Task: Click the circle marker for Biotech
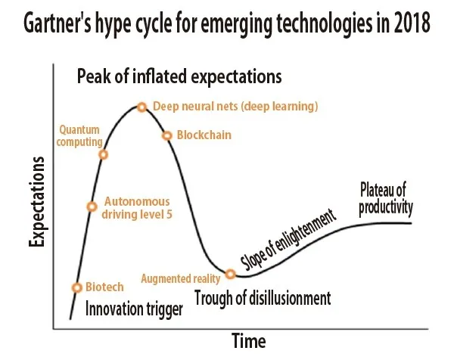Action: tap(76, 287)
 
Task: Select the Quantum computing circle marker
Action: tap(104, 154)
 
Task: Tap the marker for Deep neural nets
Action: tap(141, 107)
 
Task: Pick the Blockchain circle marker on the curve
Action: tap(167, 135)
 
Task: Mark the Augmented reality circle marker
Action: tap(231, 272)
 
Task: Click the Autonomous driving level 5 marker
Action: tap(92, 206)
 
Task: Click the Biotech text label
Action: tap(104, 287)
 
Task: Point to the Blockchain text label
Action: tap(204, 135)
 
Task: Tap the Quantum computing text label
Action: tap(79, 135)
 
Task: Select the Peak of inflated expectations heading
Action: tap(179, 76)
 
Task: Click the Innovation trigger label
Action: tap(133, 308)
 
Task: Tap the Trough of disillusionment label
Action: tap(263, 298)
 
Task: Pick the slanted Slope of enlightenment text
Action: tap(288, 241)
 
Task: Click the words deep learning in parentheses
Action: tap(282, 107)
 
